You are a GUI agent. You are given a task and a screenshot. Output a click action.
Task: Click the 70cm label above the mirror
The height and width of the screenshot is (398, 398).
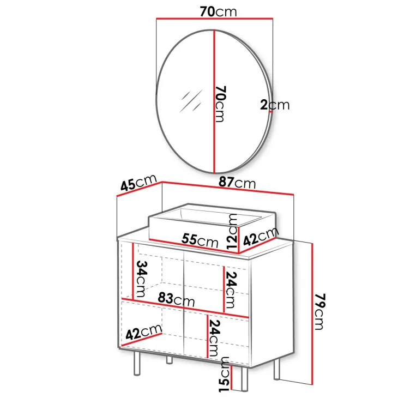pyautogui.click(x=218, y=11)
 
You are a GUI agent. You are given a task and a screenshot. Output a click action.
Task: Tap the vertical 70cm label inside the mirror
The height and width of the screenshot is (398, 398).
pyautogui.click(x=220, y=104)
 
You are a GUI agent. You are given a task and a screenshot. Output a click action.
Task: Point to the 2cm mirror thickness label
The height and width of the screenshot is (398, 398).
pyautogui.click(x=275, y=105)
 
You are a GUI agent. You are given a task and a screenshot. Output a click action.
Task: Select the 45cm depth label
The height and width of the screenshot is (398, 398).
pyautogui.click(x=138, y=183)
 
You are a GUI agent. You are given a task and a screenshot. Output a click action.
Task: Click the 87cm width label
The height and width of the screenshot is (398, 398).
pyautogui.click(x=237, y=183)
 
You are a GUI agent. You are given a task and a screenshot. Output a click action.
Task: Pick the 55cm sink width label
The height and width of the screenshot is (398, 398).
pyautogui.click(x=200, y=240)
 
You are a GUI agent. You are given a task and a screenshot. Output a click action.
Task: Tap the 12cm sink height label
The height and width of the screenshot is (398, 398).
pyautogui.click(x=232, y=232)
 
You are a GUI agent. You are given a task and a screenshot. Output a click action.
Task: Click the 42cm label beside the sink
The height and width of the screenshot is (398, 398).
pyautogui.click(x=261, y=237)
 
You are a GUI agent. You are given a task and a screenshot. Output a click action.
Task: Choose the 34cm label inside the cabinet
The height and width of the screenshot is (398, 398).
pyautogui.click(x=141, y=279)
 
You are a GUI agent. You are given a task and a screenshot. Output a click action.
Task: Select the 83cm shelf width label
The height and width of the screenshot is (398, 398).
pyautogui.click(x=176, y=300)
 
